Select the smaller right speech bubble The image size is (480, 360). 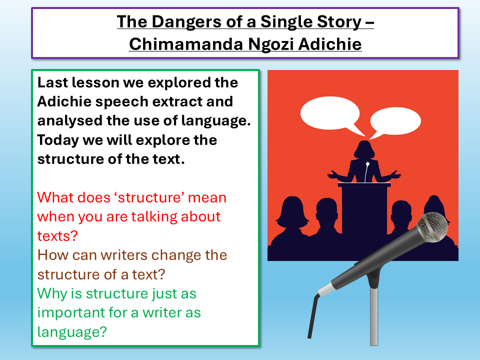point(396,122)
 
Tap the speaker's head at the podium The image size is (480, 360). point(364,149)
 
